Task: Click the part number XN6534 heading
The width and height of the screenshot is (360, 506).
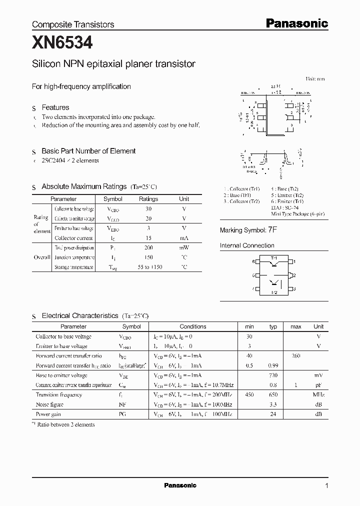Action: click(x=62, y=43)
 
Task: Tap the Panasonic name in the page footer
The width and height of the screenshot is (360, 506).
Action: click(x=180, y=485)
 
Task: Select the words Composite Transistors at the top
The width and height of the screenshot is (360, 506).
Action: click(x=73, y=24)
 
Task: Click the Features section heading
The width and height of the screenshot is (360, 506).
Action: click(x=55, y=107)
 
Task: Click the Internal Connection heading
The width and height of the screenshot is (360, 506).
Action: click(x=247, y=245)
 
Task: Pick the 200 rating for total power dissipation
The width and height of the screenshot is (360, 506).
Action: click(x=148, y=248)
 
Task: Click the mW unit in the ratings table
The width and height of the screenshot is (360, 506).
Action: click(x=184, y=248)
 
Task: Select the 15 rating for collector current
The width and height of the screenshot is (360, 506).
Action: click(x=148, y=238)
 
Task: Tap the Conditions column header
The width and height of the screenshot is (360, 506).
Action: click(x=192, y=326)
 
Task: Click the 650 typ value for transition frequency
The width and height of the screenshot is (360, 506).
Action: click(x=272, y=394)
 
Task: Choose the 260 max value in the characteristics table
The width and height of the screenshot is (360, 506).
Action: click(x=295, y=355)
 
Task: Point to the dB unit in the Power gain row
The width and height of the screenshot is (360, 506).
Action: click(x=318, y=414)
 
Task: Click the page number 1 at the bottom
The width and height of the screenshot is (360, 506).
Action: click(x=326, y=485)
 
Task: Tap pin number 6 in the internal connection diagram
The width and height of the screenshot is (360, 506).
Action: click(x=253, y=261)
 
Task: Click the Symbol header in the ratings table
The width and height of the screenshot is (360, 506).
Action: click(x=112, y=199)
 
